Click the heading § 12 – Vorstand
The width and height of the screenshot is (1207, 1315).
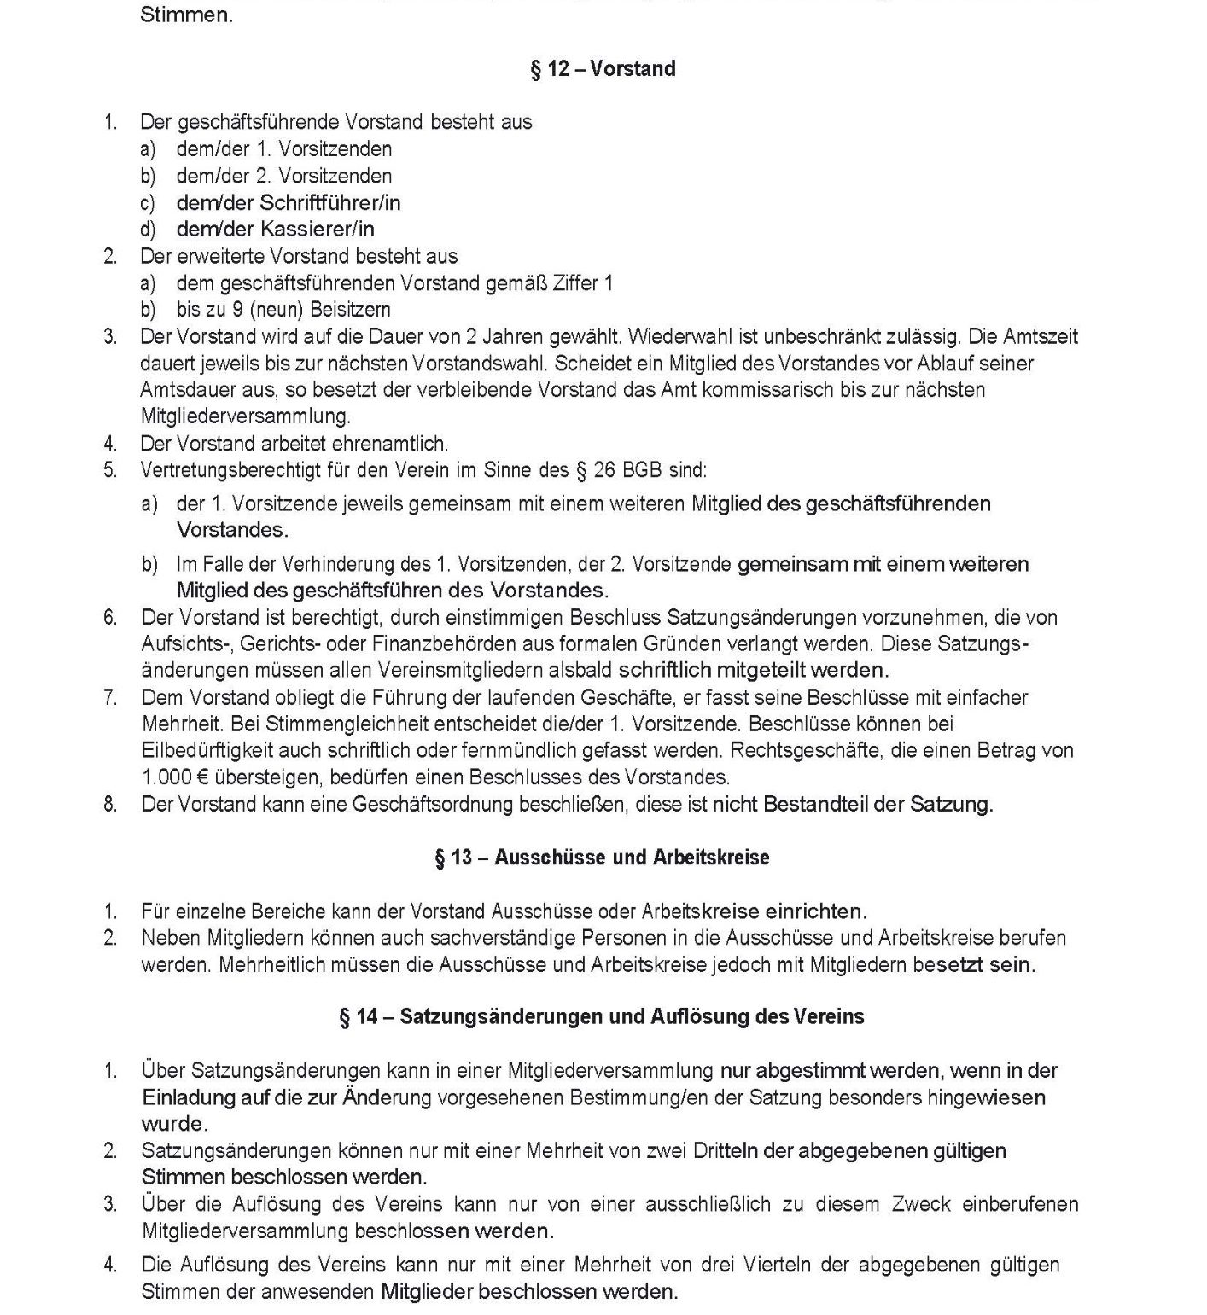point(603,69)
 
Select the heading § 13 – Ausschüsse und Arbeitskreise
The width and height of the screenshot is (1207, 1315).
point(602,858)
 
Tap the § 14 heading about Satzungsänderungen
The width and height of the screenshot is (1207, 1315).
point(602,1017)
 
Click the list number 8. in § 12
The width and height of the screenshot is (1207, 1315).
point(110,805)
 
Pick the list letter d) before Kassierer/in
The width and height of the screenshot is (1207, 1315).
point(149,230)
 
